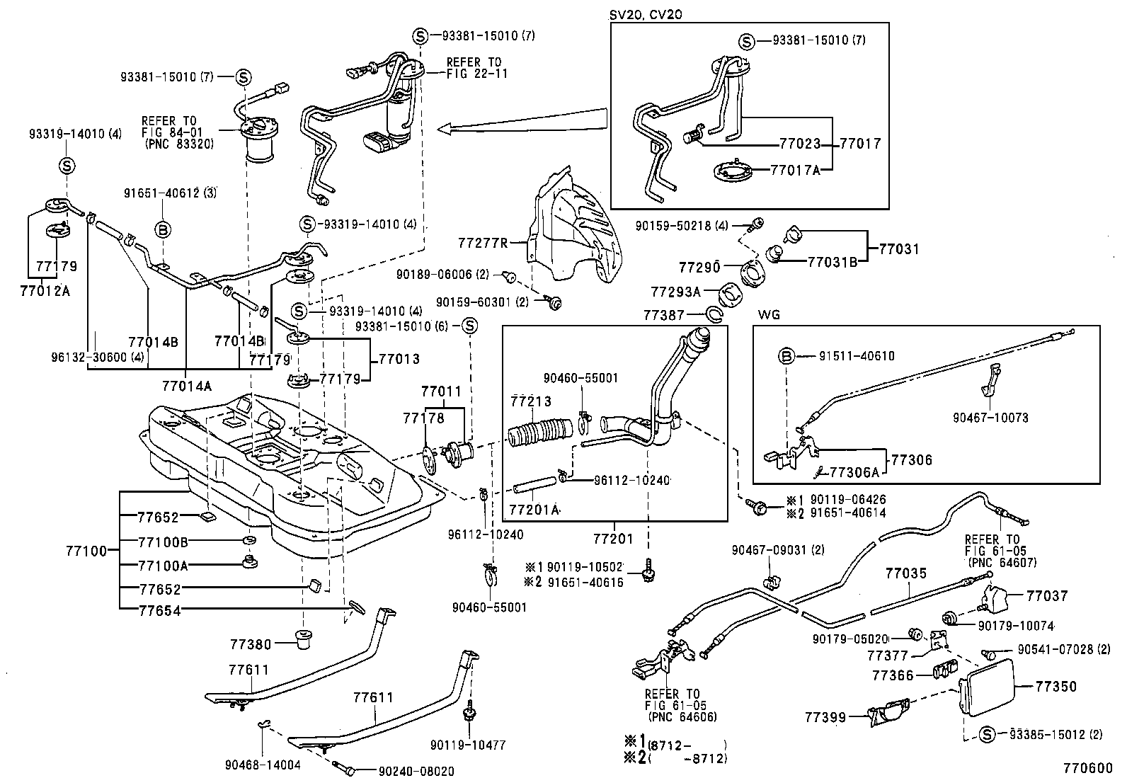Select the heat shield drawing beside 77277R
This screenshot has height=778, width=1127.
pos(577,227)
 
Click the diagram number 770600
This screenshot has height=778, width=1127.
pos(1087,767)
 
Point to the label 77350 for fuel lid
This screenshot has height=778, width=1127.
pos(1056,686)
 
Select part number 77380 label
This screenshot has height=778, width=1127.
pos(251,644)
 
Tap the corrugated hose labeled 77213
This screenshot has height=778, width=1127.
pos(542,433)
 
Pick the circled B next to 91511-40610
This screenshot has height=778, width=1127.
pos(786,356)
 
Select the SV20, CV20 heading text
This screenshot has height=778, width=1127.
pos(646,14)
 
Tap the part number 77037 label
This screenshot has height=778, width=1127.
pos(1047,596)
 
